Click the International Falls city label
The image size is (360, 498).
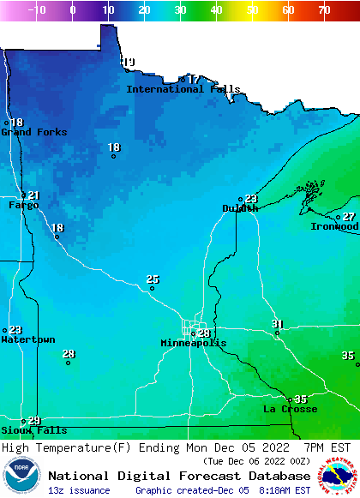click(x=183, y=89)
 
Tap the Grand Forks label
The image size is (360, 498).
click(x=28, y=132)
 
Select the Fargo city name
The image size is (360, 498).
click(x=24, y=206)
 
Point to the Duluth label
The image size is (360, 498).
click(x=240, y=208)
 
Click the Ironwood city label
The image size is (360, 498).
click(x=334, y=226)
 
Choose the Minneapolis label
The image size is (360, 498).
click(x=194, y=343)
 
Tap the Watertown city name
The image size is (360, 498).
click(x=27, y=340)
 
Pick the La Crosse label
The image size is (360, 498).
click(x=290, y=410)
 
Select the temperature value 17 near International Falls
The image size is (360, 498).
click(x=194, y=79)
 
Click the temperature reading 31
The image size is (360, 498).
click(x=277, y=323)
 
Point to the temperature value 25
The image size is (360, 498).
click(x=153, y=279)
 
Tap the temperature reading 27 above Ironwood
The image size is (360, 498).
click(x=349, y=217)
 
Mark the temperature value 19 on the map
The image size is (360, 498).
click(x=129, y=62)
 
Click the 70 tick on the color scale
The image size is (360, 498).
click(x=324, y=10)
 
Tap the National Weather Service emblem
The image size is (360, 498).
click(x=339, y=477)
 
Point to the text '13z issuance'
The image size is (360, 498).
click(x=79, y=490)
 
